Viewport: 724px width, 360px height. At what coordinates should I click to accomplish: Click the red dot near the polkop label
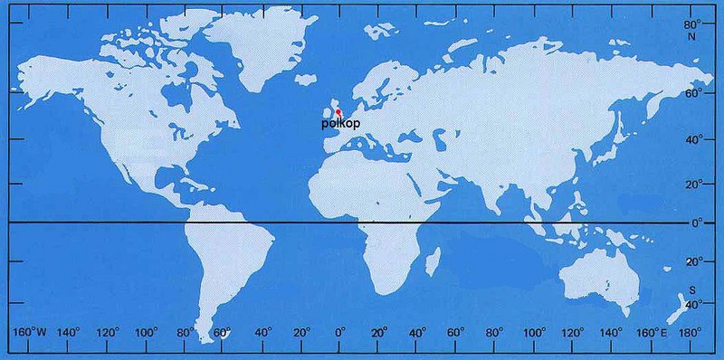[338, 112]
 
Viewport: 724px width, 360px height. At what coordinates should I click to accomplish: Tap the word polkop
[338, 123]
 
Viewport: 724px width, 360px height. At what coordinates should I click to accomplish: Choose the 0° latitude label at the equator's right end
[695, 223]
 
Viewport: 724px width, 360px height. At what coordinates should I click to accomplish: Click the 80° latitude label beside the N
[693, 25]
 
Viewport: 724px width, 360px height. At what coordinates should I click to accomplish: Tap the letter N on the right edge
[694, 37]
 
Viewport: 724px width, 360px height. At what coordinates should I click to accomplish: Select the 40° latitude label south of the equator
[694, 305]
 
